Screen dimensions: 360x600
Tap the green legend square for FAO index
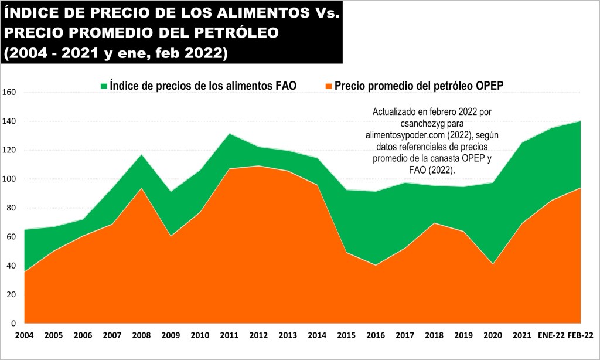[x=104, y=86]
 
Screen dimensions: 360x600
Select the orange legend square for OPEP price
[x=329, y=86]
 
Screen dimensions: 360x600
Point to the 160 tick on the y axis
[x=9, y=93]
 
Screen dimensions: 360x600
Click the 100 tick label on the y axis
[x=9, y=179]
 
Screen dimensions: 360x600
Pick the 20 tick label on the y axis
[x=11, y=295]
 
